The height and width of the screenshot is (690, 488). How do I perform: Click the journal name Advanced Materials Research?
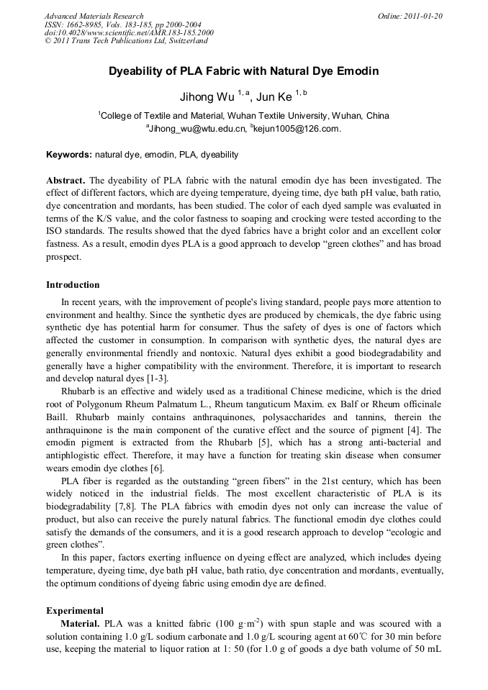[94, 16]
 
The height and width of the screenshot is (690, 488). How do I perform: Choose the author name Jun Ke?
[275, 97]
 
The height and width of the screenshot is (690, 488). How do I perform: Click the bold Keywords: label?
[69, 155]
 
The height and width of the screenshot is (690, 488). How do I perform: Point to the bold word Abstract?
[66, 181]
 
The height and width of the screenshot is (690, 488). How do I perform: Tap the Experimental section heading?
[74, 611]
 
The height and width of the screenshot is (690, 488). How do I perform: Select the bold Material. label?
[81, 623]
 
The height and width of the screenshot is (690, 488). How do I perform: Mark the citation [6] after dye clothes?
[156, 468]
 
